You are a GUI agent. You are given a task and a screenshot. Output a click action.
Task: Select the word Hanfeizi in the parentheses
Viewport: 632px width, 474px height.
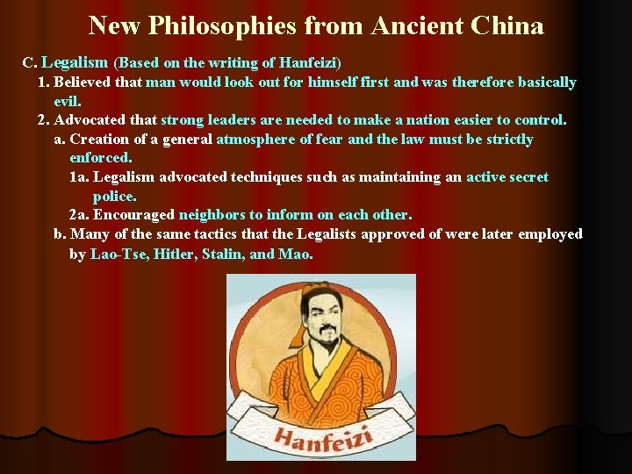(x=307, y=63)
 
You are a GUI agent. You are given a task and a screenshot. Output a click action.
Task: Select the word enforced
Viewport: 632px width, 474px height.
(x=100, y=158)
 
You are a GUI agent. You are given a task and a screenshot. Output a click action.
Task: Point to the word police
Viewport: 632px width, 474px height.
(x=114, y=197)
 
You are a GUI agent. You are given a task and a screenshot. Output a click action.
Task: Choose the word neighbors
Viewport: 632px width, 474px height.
(x=212, y=215)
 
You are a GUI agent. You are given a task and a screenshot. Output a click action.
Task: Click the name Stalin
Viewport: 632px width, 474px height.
(x=226, y=255)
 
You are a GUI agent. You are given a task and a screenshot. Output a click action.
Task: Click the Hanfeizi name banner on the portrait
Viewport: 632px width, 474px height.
(x=321, y=436)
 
